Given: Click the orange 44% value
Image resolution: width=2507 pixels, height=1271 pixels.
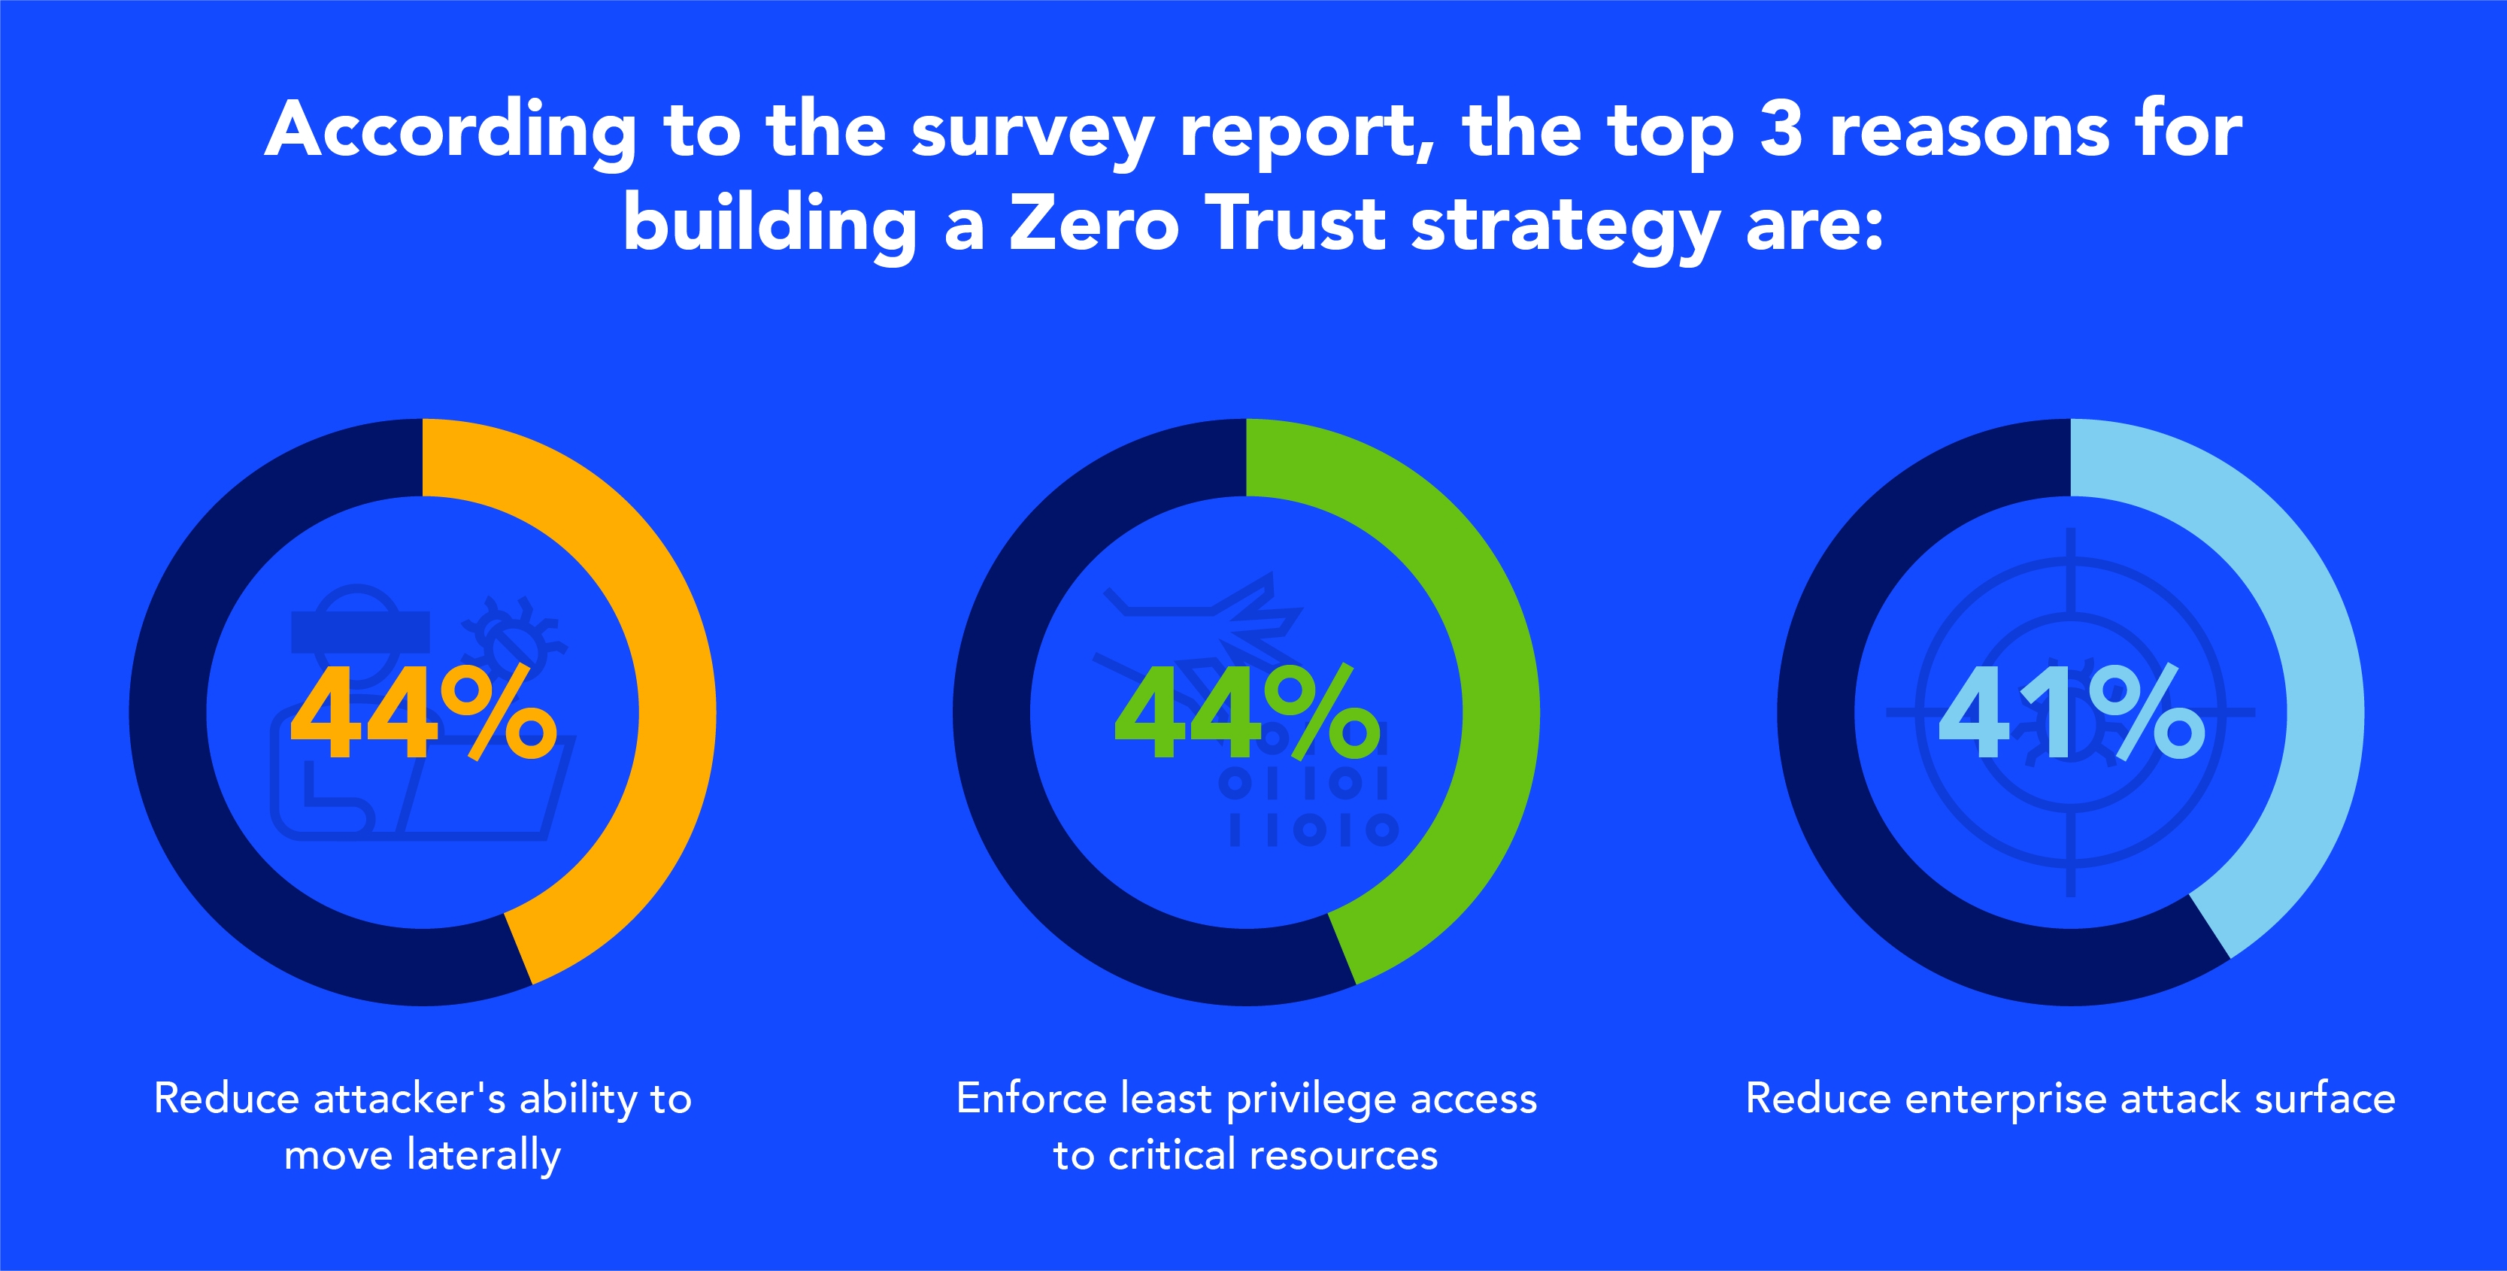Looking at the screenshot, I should [x=423, y=714].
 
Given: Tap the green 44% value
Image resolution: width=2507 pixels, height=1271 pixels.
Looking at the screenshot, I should [x=1247, y=714].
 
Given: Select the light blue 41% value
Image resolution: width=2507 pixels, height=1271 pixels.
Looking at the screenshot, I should [x=2071, y=714].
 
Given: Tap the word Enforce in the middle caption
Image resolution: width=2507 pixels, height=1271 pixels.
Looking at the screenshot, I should [x=1032, y=1099].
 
